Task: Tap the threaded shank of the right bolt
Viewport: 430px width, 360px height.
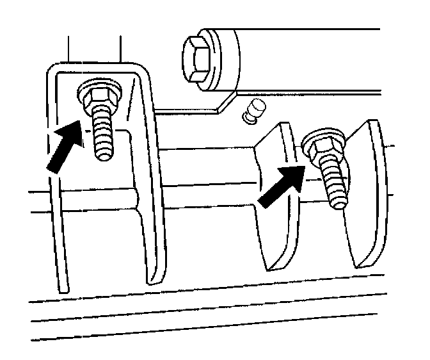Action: tap(335, 186)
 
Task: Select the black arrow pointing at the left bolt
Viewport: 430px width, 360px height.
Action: tap(65, 149)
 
